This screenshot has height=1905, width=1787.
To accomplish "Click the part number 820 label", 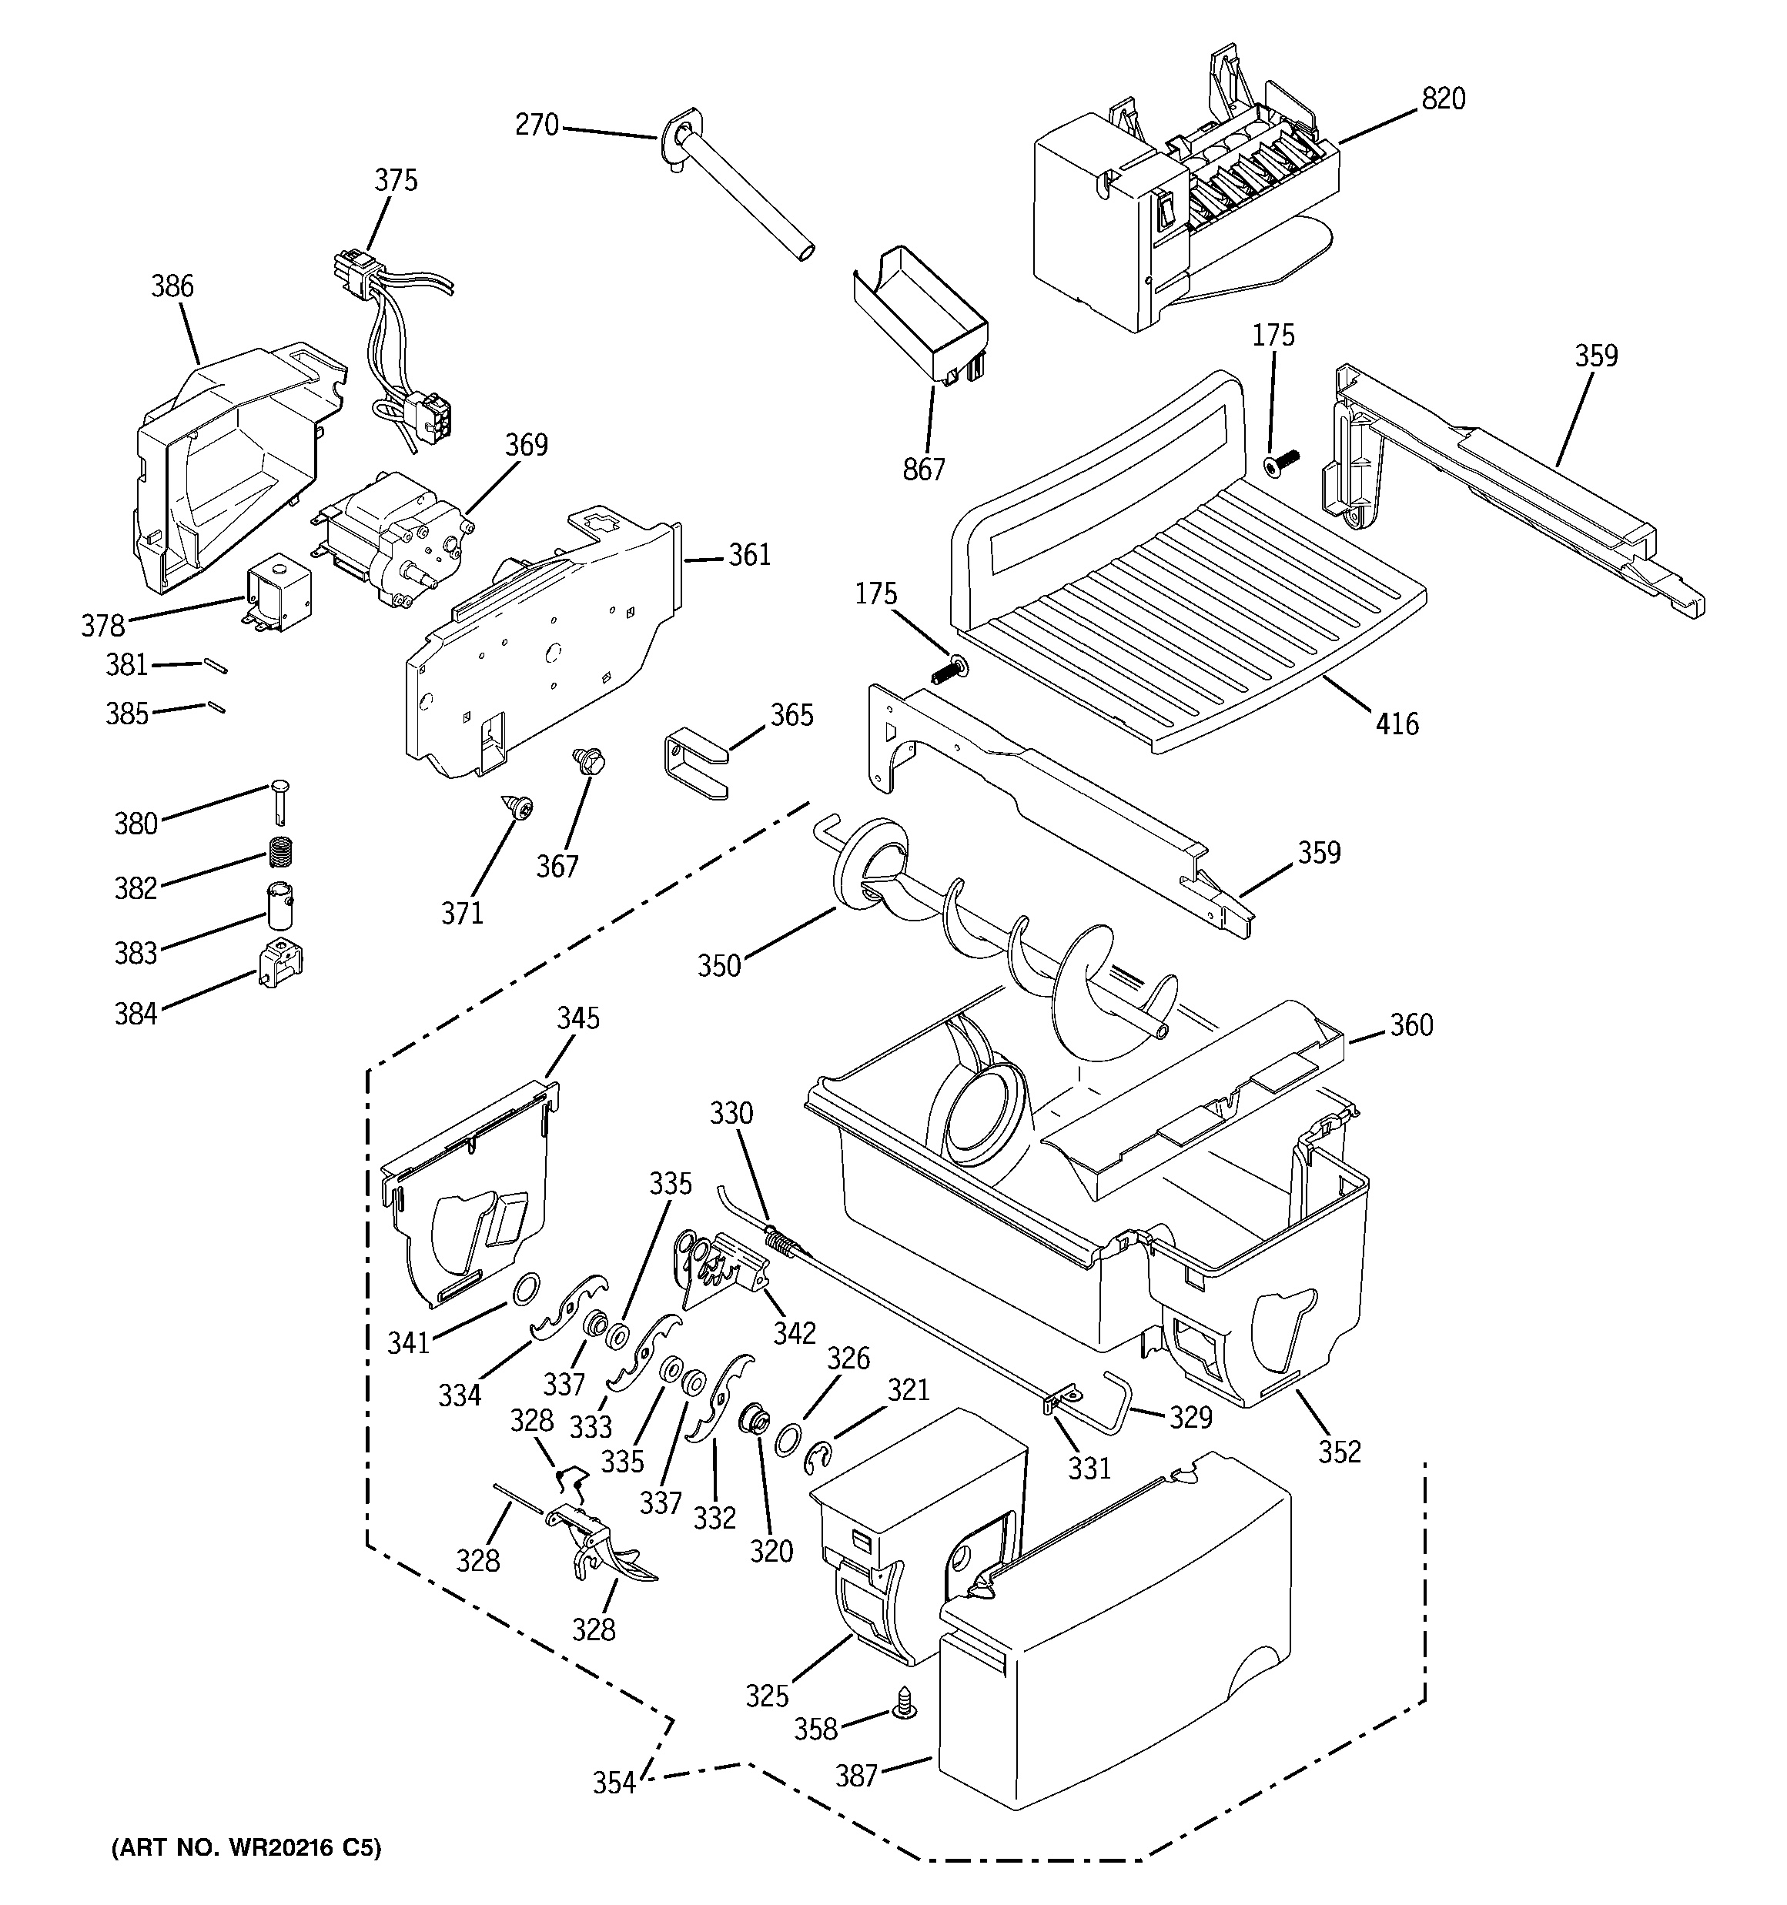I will (x=1443, y=99).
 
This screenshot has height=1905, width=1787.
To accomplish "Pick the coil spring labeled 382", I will (x=280, y=849).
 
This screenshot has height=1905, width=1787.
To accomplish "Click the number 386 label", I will (x=172, y=286).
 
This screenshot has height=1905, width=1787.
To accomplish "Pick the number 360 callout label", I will (x=1411, y=1024).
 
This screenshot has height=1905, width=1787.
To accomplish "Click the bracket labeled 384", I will (x=279, y=963).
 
